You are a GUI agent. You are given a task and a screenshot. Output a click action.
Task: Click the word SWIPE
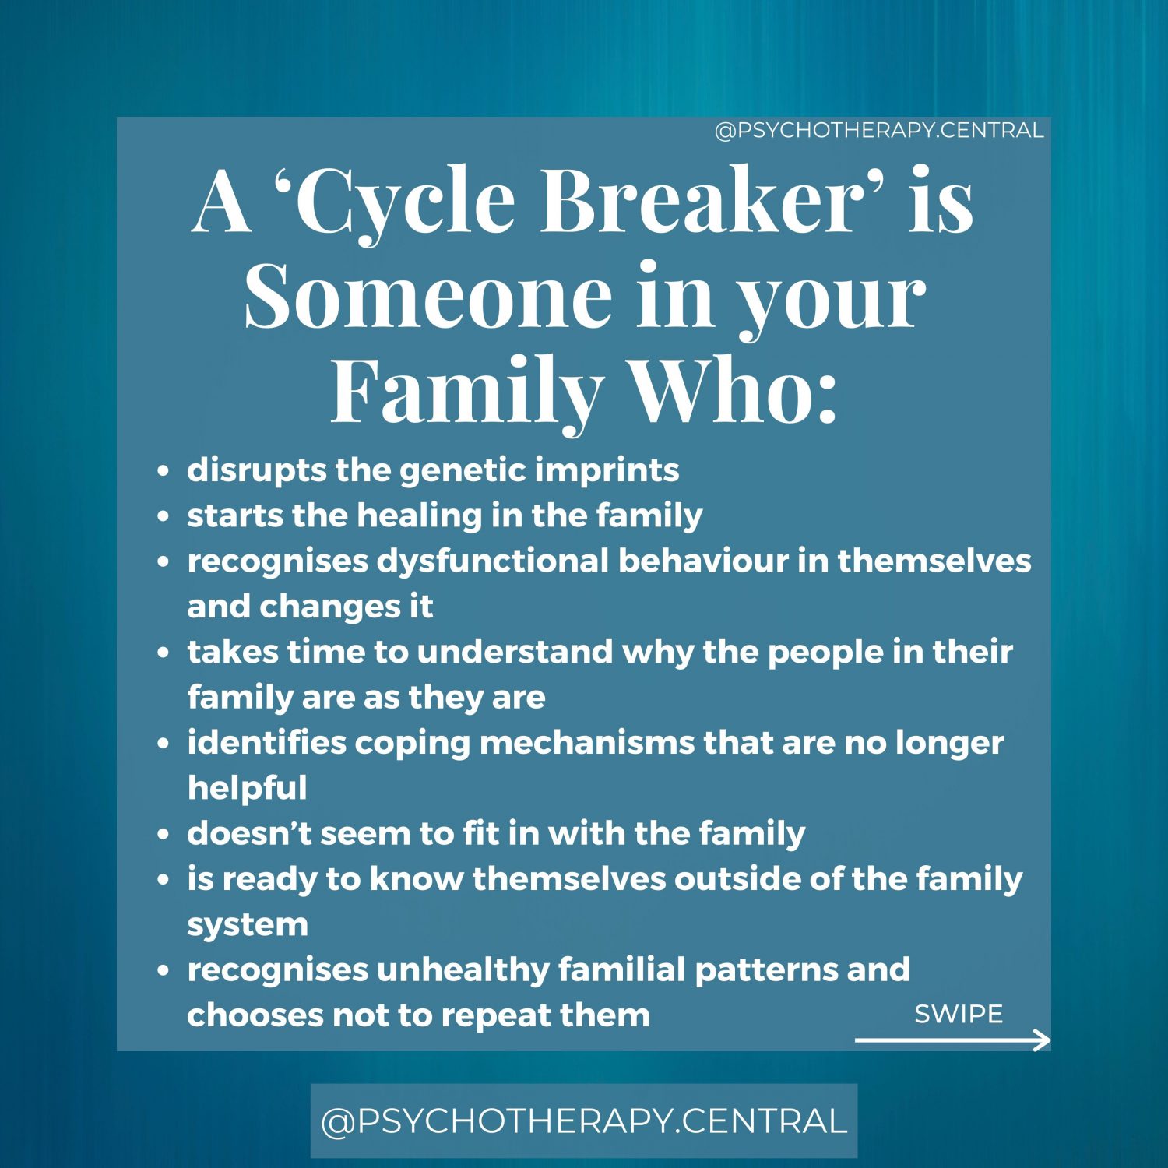[x=959, y=1014]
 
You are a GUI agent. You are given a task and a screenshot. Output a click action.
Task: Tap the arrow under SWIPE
[x=952, y=1040]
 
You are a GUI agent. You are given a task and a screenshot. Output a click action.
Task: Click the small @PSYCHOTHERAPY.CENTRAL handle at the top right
[x=879, y=130]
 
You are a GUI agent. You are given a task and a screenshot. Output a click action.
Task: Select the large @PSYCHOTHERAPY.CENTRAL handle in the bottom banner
[x=584, y=1121]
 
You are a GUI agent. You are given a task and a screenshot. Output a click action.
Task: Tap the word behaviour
[x=703, y=561]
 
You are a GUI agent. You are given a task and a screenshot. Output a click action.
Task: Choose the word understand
[x=515, y=652]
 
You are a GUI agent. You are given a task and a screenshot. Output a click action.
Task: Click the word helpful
[x=247, y=788]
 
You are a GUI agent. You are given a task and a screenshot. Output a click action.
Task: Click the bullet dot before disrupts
[x=163, y=471]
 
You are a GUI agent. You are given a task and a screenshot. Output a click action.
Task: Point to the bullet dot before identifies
[x=163, y=744]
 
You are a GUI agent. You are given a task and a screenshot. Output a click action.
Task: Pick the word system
[x=247, y=925]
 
